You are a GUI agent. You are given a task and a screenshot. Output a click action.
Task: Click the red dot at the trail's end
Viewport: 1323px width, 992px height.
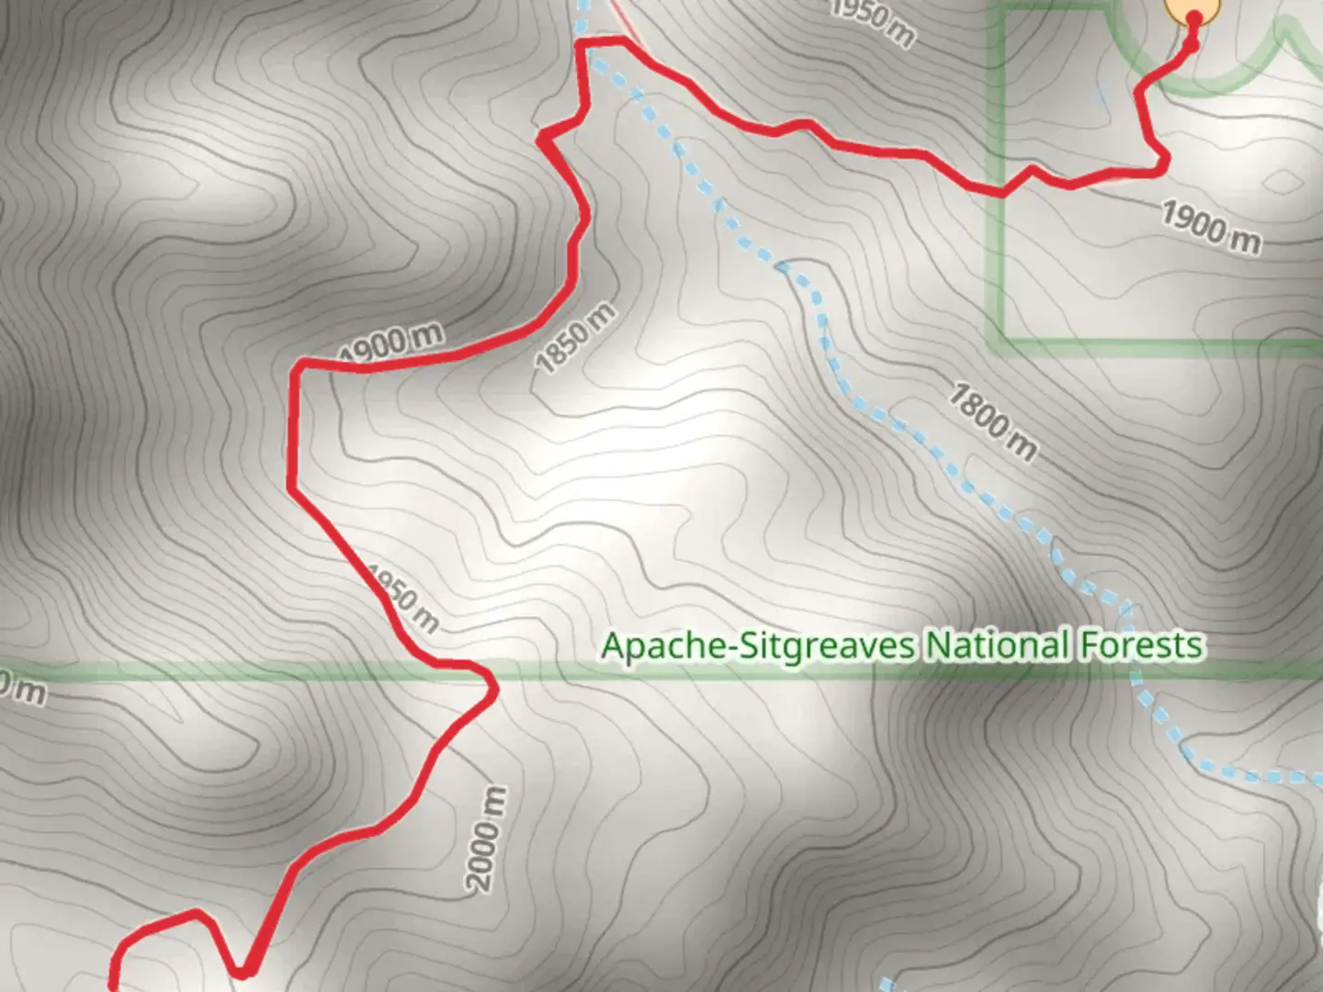point(1194,18)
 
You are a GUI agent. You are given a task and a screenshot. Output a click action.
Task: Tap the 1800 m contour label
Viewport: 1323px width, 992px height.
point(992,422)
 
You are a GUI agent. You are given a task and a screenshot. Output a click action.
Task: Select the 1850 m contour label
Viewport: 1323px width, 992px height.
point(576,339)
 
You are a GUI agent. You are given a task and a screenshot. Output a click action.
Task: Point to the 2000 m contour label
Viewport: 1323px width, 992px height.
point(486,838)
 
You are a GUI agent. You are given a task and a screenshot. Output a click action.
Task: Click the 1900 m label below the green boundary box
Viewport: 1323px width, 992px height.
point(1211,226)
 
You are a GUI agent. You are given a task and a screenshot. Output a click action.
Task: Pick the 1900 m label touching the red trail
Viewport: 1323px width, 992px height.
point(390,344)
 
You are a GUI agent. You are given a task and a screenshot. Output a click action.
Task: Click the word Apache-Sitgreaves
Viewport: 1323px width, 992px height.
point(758,646)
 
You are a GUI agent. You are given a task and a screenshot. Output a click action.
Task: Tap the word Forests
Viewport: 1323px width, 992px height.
point(1140,646)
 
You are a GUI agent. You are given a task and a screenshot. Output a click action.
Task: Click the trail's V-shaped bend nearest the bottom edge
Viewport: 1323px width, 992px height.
point(243,970)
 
